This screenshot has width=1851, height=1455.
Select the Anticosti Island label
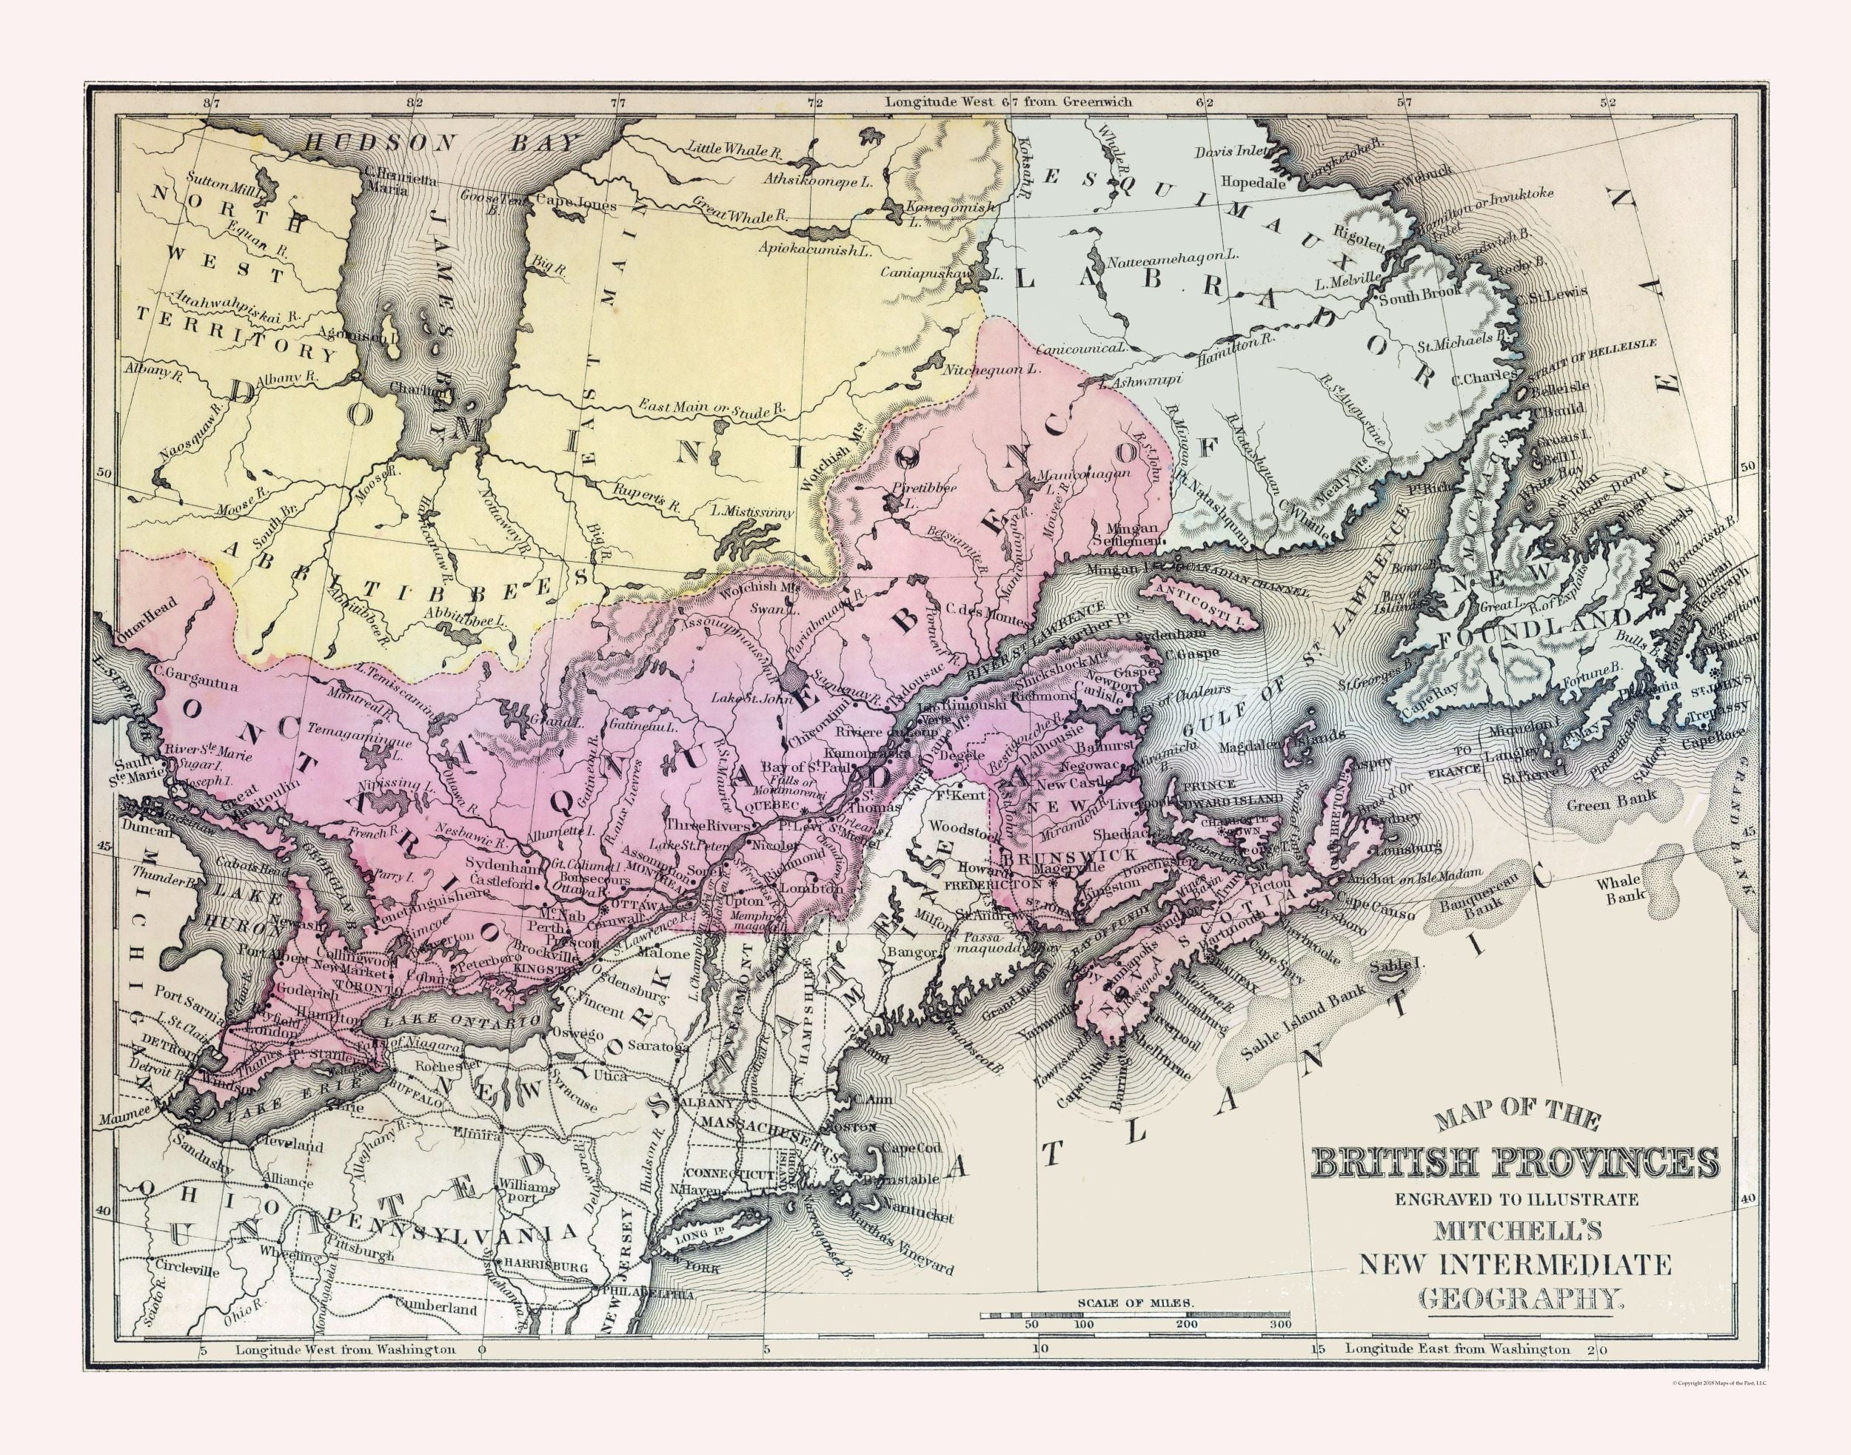pyautogui.click(x=1199, y=613)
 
